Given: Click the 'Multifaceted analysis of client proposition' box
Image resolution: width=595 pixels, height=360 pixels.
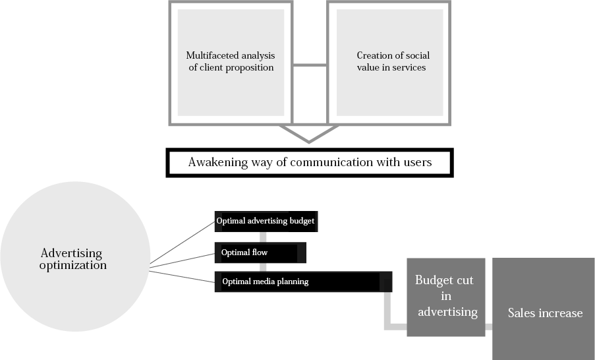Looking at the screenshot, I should pyautogui.click(x=229, y=62).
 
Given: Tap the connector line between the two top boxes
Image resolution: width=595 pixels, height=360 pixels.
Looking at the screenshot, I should pyautogui.click(x=309, y=65).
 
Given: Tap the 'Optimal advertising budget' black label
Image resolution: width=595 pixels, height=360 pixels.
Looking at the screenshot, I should pyautogui.click(x=266, y=221).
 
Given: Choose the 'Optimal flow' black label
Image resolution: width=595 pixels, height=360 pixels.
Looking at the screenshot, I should pyautogui.click(x=260, y=253).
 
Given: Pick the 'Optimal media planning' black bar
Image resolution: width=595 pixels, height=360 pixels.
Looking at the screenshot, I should pyautogui.click(x=302, y=282).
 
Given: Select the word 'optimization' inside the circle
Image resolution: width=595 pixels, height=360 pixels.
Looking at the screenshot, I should pyautogui.click(x=72, y=266).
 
